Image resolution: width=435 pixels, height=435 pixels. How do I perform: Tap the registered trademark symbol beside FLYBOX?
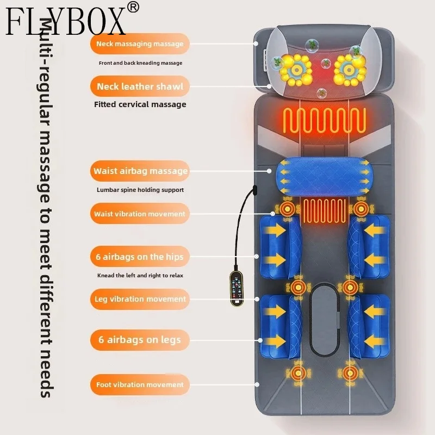pyautogui.click(x=134, y=7)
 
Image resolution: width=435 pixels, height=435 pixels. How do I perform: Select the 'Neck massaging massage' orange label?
pyautogui.click(x=140, y=44)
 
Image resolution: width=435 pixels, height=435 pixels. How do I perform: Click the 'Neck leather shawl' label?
pyautogui.click(x=140, y=86)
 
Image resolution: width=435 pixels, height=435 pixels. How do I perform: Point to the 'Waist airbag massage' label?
pyautogui.click(x=140, y=171)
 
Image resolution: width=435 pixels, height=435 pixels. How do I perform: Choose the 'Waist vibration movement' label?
pyautogui.click(x=140, y=214)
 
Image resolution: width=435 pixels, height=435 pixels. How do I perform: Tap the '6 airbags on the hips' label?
pyautogui.click(x=140, y=257)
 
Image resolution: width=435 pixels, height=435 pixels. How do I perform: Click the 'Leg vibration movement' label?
pyautogui.click(x=140, y=299)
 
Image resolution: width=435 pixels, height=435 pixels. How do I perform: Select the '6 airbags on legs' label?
pyautogui.click(x=140, y=340)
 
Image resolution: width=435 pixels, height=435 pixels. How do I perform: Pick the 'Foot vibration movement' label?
pyautogui.click(x=140, y=384)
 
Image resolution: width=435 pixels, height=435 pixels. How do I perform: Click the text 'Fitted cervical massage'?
pyautogui.click(x=140, y=104)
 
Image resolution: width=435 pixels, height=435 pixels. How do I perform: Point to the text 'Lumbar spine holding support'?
pyautogui.click(x=140, y=190)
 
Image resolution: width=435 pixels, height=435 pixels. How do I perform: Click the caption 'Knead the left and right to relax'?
pyautogui.click(x=140, y=276)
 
